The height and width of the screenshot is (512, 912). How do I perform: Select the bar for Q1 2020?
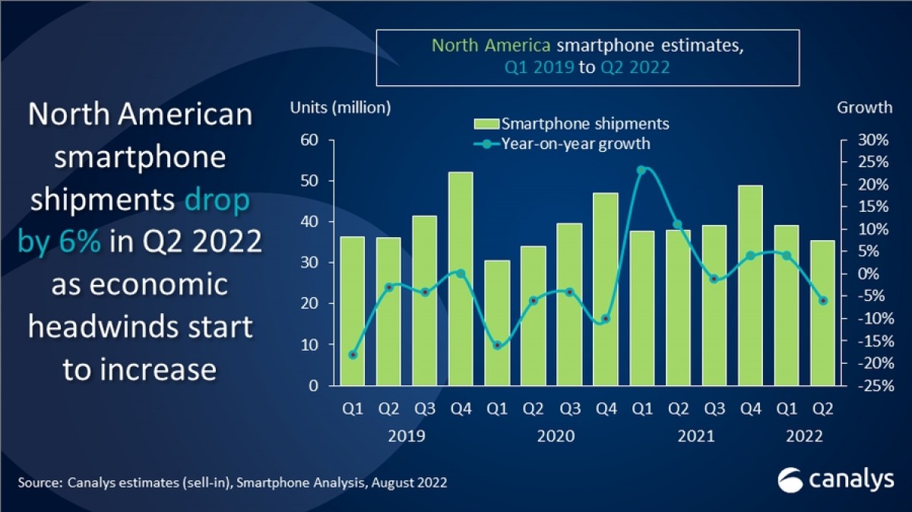[497, 323]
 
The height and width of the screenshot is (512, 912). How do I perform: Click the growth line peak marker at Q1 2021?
[641, 170]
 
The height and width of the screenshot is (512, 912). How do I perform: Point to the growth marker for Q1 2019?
[353, 355]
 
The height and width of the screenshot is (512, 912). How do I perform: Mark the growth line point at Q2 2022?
[822, 301]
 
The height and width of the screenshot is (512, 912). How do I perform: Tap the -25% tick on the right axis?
[871, 385]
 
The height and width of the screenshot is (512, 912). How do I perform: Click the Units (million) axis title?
[340, 108]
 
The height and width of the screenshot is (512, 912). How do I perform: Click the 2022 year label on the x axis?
[803, 436]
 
